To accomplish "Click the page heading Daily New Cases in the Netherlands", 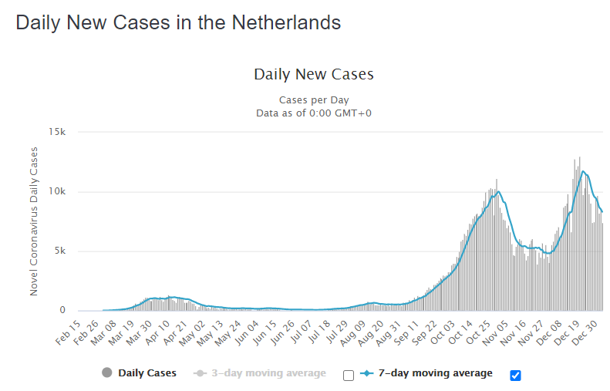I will click(x=178, y=22).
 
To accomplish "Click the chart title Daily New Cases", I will click(x=313, y=75).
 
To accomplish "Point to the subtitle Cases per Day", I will click(x=313, y=100).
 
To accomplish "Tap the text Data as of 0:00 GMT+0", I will click(x=313, y=113).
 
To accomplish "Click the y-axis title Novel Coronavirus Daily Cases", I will click(x=34, y=221).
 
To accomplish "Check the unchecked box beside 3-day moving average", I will click(x=349, y=375).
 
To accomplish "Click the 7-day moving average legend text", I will click(x=435, y=373).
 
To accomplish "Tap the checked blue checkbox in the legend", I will click(x=516, y=375).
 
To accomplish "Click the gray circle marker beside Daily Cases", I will click(x=107, y=373).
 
